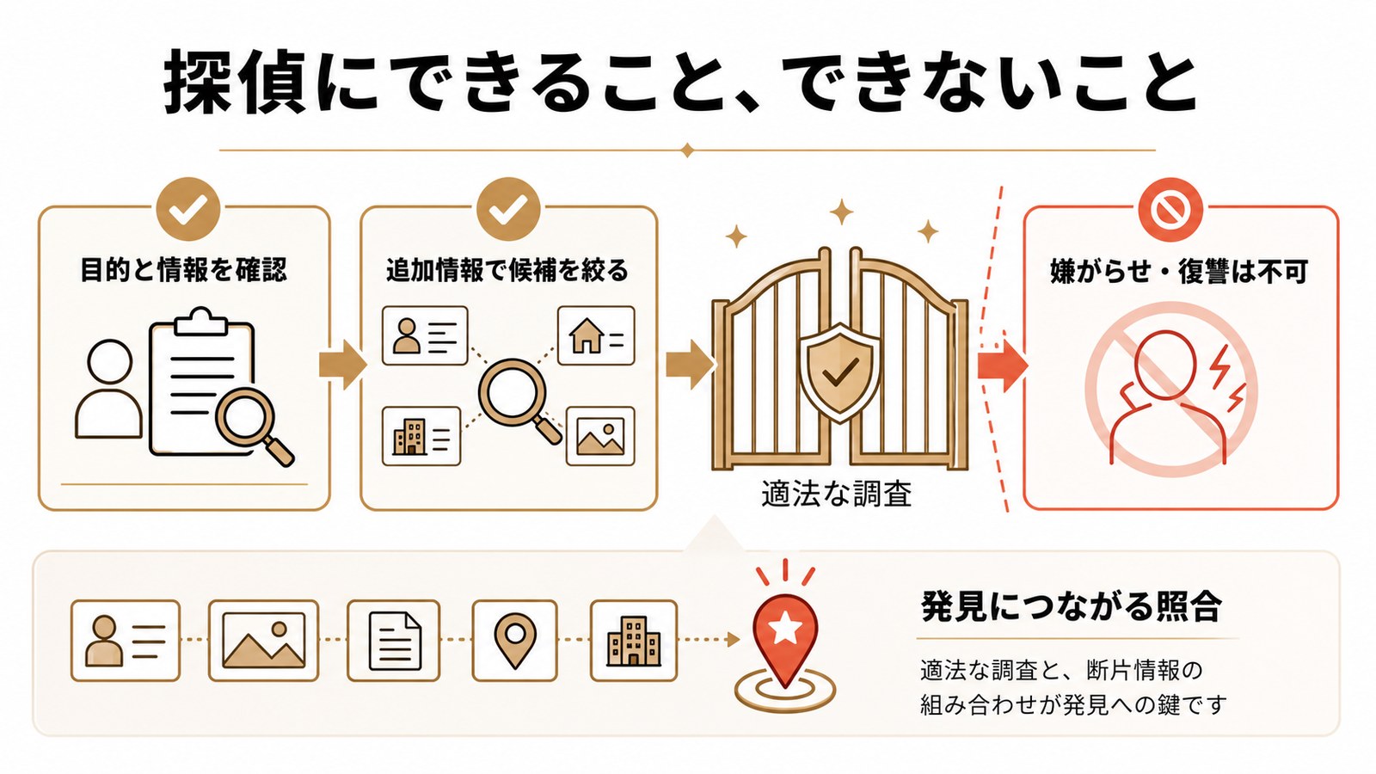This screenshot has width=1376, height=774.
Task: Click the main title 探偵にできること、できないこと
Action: point(680,83)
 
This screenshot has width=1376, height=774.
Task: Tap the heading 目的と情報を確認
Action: point(184,270)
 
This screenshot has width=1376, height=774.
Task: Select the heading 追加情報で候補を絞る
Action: point(507,270)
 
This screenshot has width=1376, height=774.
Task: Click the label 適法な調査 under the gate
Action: point(836,494)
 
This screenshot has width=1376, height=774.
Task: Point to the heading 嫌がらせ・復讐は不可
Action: point(1179,272)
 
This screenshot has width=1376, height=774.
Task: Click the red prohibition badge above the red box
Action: point(1171,210)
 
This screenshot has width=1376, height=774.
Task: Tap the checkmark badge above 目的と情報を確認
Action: point(188,210)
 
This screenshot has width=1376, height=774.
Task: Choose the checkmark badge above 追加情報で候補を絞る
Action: point(508,210)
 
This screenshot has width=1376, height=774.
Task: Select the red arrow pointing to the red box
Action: point(1003,365)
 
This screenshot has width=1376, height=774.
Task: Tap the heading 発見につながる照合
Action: point(1072,607)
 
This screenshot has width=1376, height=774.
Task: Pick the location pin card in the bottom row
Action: point(515,641)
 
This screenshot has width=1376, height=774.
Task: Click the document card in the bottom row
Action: point(394,641)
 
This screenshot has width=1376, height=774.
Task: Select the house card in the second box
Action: point(596,335)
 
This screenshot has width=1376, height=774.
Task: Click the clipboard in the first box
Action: point(201,381)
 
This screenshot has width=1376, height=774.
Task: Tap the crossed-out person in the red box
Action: point(1171,390)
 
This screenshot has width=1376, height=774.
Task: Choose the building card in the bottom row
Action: point(634,641)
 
